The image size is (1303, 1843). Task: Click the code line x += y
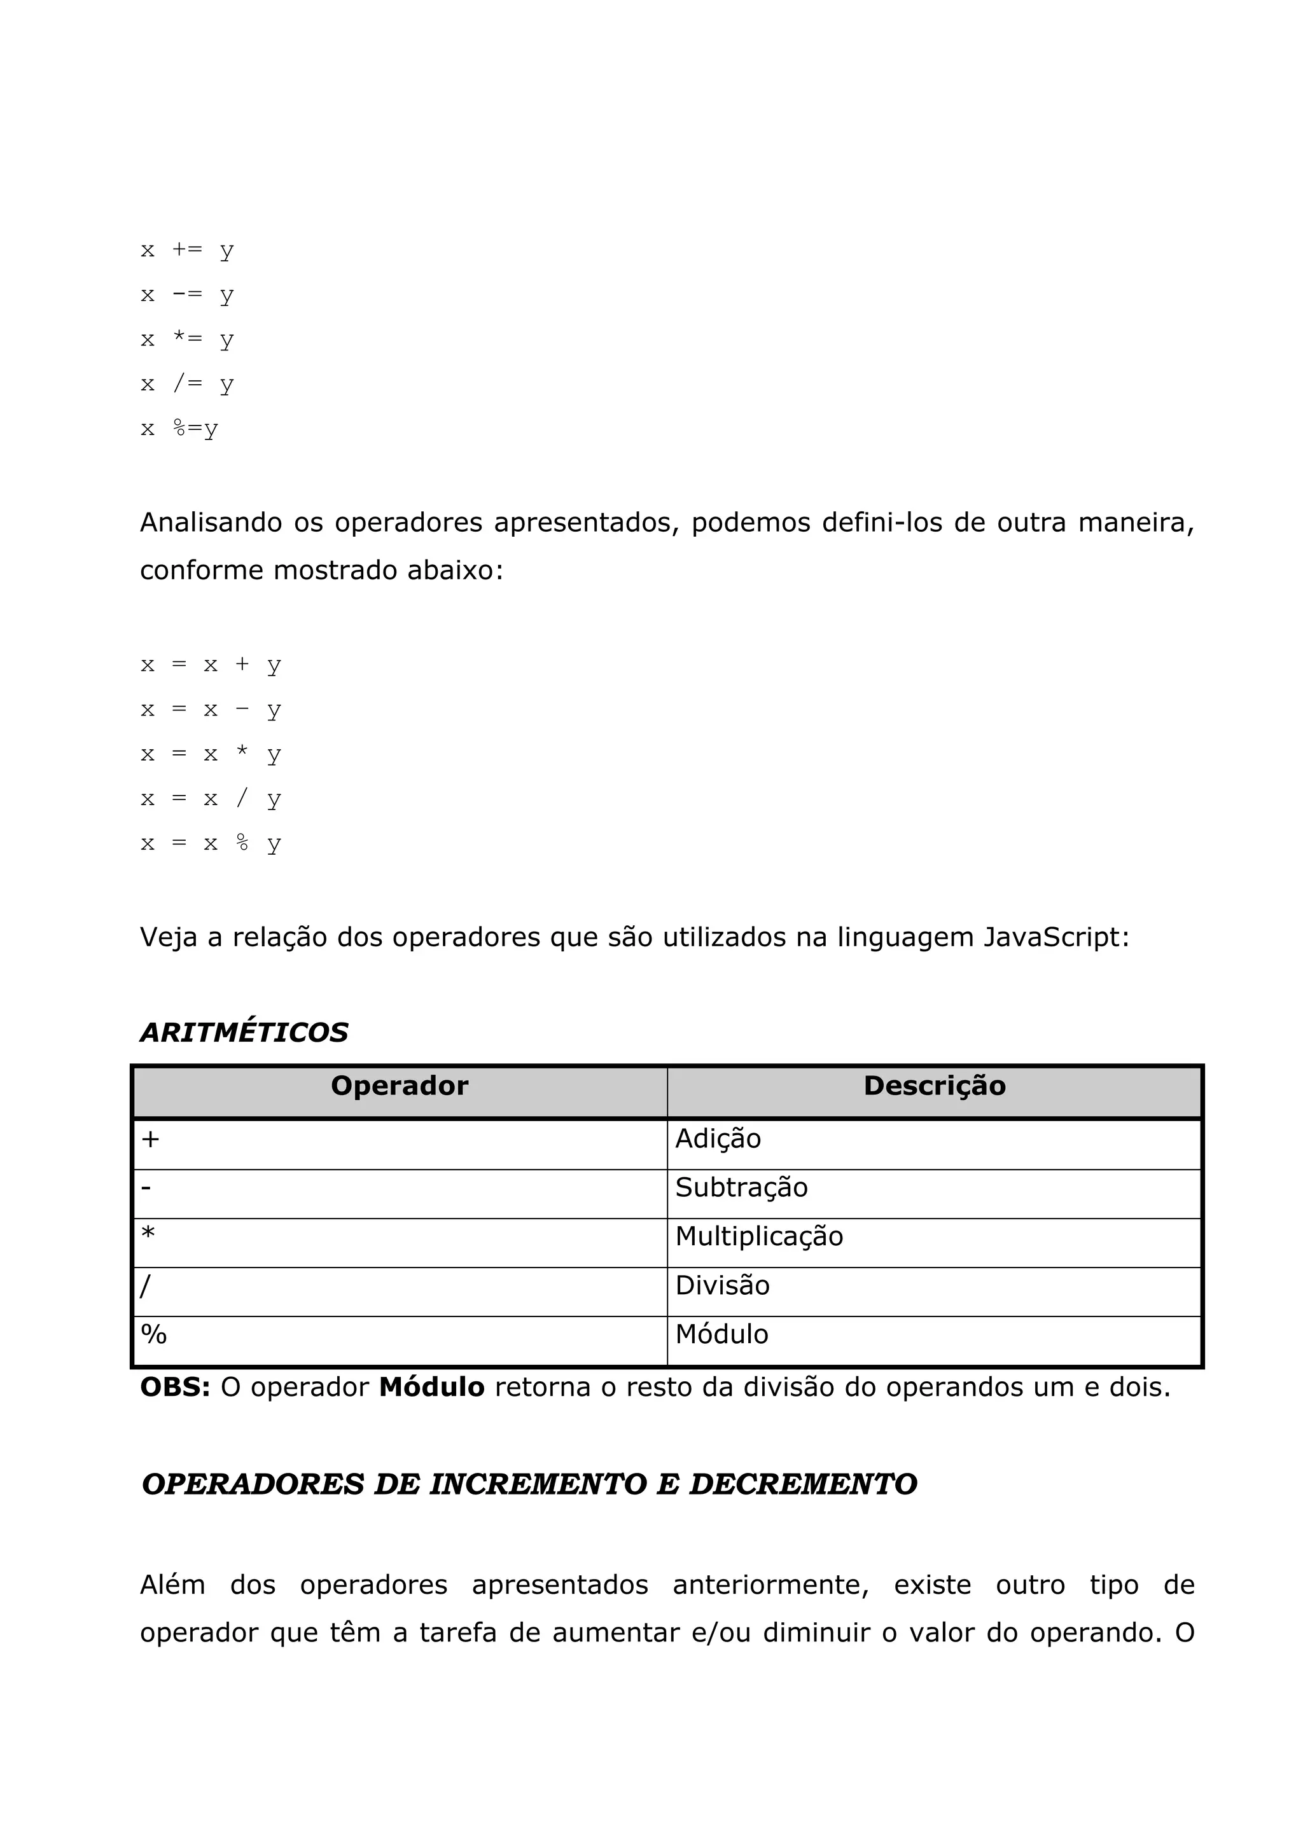tap(187, 251)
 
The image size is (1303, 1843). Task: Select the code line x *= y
tap(187, 340)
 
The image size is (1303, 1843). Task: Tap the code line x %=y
tap(179, 429)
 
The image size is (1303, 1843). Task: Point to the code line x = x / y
tap(211, 799)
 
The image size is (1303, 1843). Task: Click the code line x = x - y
tap(211, 710)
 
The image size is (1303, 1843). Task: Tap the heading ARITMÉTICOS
tap(244, 1032)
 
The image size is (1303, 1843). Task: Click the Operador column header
tap(399, 1086)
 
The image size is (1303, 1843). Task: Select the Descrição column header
tap(934, 1086)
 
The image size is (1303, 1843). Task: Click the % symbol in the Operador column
tap(153, 1334)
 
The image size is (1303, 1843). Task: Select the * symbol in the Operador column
tap(148, 1234)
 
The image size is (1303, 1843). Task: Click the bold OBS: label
tap(175, 1387)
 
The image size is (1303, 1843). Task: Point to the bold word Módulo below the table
tap(431, 1387)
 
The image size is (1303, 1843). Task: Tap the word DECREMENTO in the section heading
tap(803, 1485)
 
